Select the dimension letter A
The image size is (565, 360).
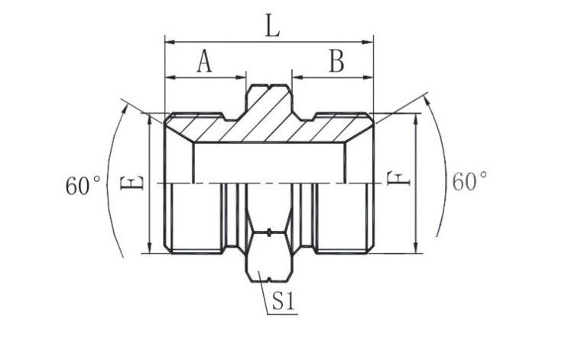[203, 61]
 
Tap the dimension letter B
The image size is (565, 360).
[336, 61]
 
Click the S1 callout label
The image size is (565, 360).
[284, 302]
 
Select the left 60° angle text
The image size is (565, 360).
[84, 185]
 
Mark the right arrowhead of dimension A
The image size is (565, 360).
[242, 76]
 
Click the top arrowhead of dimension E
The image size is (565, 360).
[151, 118]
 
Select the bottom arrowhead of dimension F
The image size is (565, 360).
[415, 248]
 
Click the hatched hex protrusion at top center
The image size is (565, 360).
[269, 99]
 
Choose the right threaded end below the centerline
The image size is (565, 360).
[344, 218]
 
